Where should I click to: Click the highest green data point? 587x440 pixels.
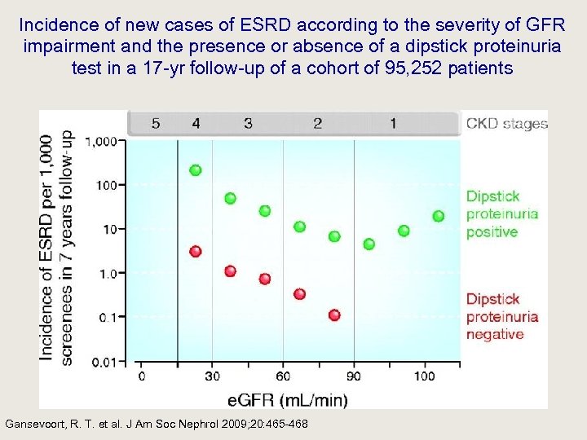pyautogui.click(x=196, y=170)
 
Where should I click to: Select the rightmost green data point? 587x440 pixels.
pyautogui.click(x=439, y=216)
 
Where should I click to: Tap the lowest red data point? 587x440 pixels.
pyautogui.click(x=334, y=315)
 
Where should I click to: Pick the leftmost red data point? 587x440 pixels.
pyautogui.click(x=196, y=251)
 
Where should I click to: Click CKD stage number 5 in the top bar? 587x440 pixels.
pyautogui.click(x=156, y=124)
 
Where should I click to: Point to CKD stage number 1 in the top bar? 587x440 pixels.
pyautogui.click(x=393, y=124)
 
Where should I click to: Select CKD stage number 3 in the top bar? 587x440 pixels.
pyautogui.click(x=248, y=124)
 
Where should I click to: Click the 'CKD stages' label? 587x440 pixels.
pyautogui.click(x=506, y=124)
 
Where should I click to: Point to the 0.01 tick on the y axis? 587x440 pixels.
pyautogui.click(x=106, y=362)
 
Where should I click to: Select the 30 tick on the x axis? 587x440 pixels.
pyautogui.click(x=212, y=376)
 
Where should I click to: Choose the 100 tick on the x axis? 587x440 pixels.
pyautogui.click(x=425, y=376)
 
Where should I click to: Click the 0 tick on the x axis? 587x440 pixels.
pyautogui.click(x=142, y=376)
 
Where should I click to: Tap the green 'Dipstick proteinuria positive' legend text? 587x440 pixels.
pyautogui.click(x=501, y=214)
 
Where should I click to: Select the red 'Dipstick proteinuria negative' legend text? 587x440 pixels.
pyautogui.click(x=501, y=317)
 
